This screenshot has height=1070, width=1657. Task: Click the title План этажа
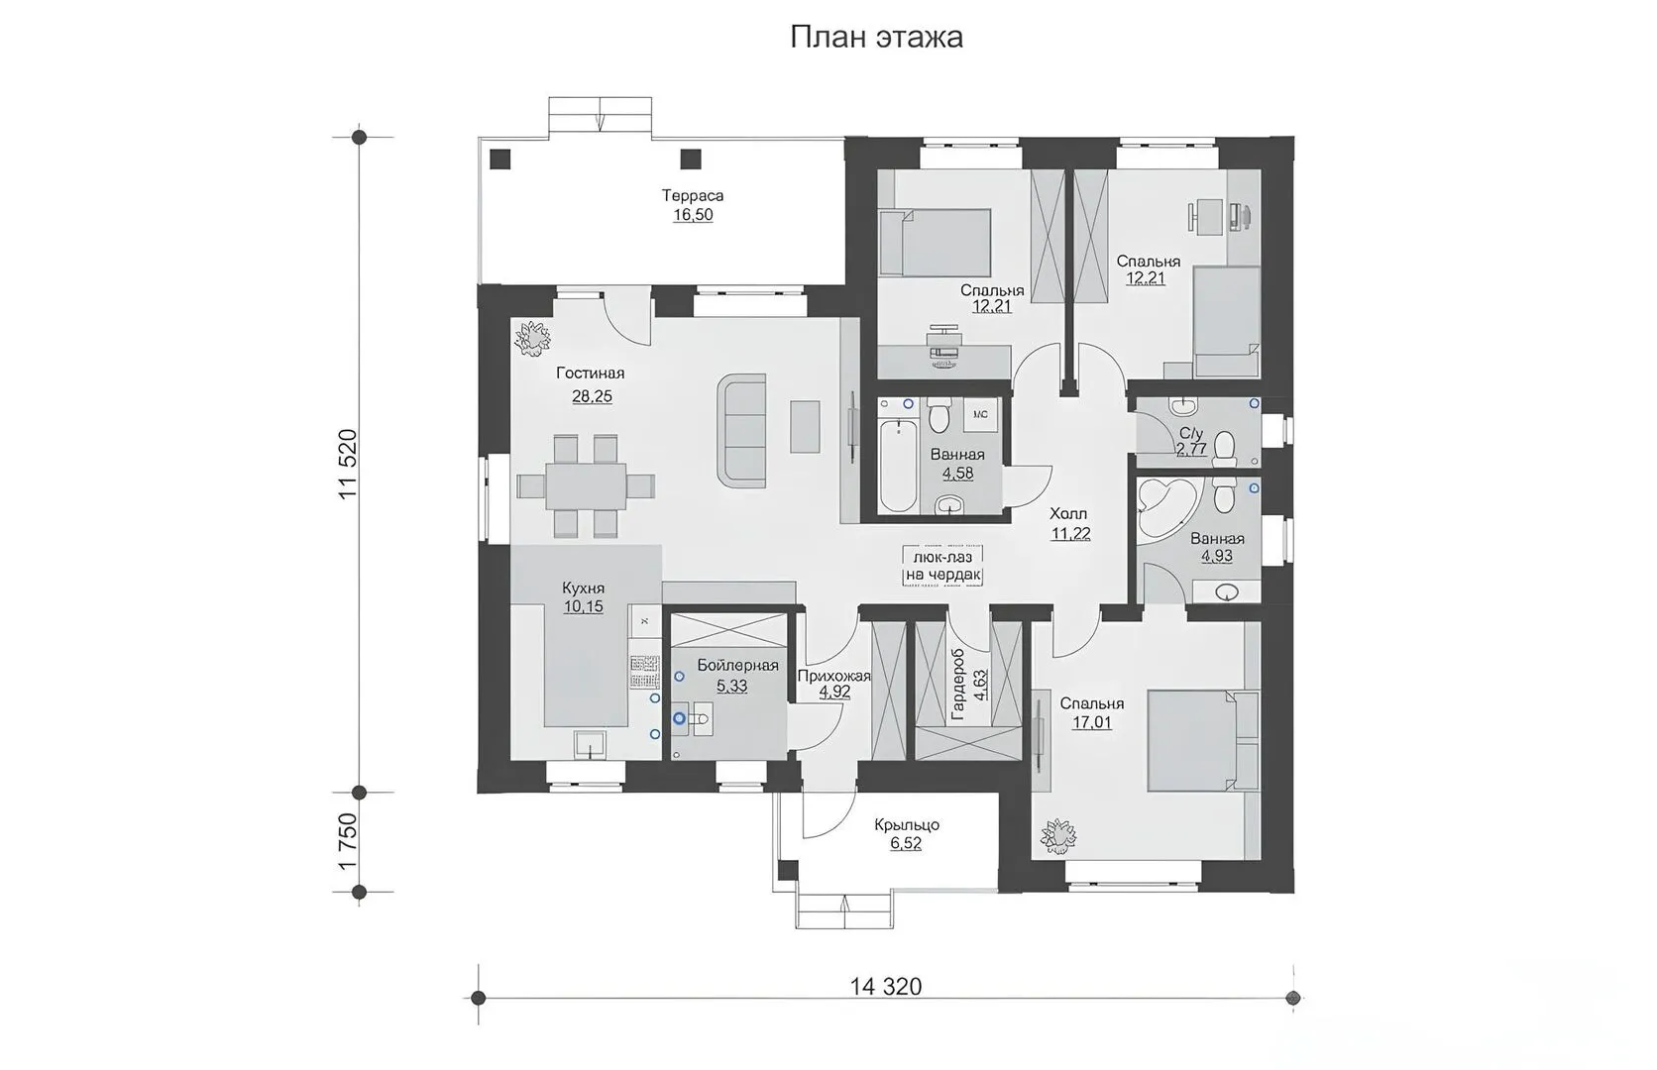coord(876,37)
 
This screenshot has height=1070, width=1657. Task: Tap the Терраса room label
coord(693,196)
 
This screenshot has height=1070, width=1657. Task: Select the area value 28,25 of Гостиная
coord(592,397)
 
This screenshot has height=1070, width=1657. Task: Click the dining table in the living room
coord(586,485)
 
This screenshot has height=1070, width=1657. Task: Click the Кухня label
coord(583,588)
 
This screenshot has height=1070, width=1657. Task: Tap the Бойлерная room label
coord(737,666)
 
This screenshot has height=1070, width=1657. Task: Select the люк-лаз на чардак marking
coord(943,567)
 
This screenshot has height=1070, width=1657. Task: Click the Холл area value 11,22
coord(1070,534)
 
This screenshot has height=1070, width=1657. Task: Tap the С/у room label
coord(1190,433)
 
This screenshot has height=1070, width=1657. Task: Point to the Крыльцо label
coord(906,824)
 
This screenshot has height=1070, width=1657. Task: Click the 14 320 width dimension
coord(885,987)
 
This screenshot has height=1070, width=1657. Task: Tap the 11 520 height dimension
coord(348,465)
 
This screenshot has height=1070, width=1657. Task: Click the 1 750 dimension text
coord(348,842)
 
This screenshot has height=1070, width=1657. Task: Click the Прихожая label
coord(833,676)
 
